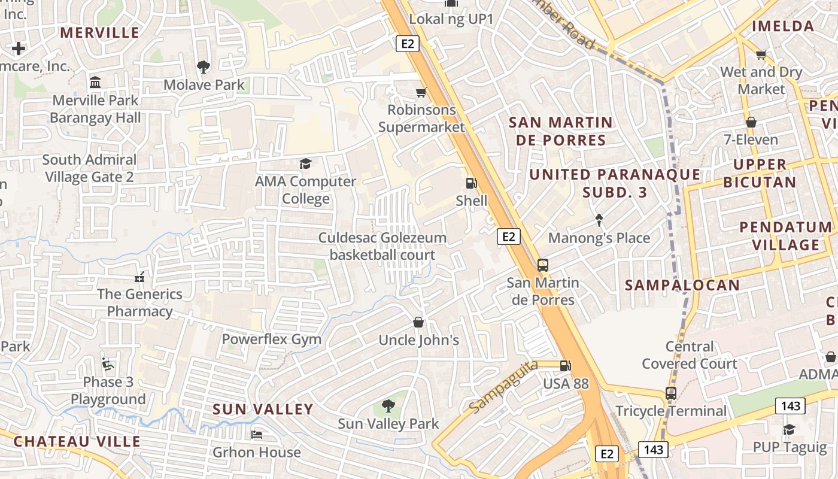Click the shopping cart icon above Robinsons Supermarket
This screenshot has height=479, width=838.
pos(421,92)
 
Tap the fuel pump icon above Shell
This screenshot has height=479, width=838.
pos(472,183)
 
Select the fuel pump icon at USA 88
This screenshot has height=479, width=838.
pos(565,365)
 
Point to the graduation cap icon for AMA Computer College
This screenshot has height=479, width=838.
pos(306,163)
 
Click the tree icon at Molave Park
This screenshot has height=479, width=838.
pos(204,66)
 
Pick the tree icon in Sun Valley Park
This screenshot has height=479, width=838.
pos(388,406)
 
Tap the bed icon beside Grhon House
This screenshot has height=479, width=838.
pos(257,434)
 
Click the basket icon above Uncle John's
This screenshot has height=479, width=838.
pos(418,323)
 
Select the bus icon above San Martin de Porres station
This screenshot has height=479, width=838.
pos(543,265)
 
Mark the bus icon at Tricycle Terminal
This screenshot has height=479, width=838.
pos(671,393)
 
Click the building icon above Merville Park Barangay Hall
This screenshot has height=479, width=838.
pos(95,82)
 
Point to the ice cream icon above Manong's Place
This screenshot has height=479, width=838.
pos(599,220)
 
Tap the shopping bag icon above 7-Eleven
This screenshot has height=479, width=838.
pos(751,122)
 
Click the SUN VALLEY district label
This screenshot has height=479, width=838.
pos(263,410)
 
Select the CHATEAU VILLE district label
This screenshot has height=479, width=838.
pos(77,442)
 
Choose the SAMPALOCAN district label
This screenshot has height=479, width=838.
pos(682,285)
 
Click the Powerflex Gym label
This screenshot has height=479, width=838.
pos(272,339)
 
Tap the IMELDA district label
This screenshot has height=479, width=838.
pos(783,26)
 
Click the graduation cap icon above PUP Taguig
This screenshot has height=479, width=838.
pos(789,429)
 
